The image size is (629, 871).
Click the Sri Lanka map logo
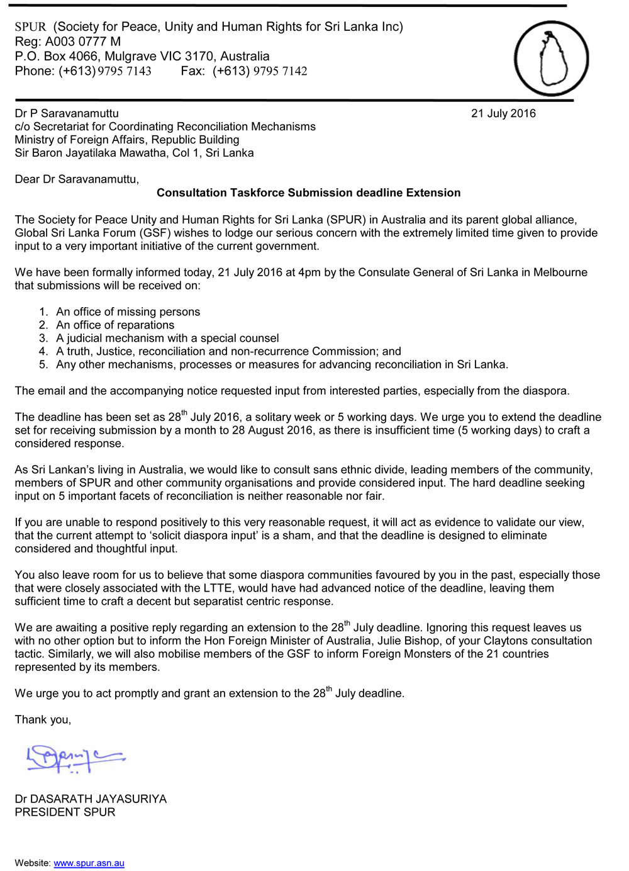(x=551, y=59)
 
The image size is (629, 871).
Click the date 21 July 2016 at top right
(x=503, y=114)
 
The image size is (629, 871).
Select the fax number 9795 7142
(x=280, y=71)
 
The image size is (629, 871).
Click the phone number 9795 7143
(x=125, y=71)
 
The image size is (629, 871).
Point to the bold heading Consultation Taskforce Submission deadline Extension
(x=308, y=193)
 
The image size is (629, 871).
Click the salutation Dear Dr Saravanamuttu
(x=77, y=179)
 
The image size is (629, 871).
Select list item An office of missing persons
(x=128, y=312)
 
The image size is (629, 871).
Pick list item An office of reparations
(x=115, y=325)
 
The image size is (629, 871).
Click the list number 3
(x=43, y=338)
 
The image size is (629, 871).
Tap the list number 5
(x=43, y=364)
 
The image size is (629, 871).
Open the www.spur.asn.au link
(x=89, y=863)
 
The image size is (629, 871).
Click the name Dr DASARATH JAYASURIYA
(x=91, y=799)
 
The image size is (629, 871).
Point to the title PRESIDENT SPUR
(x=65, y=812)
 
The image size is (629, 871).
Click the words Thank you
(x=43, y=719)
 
